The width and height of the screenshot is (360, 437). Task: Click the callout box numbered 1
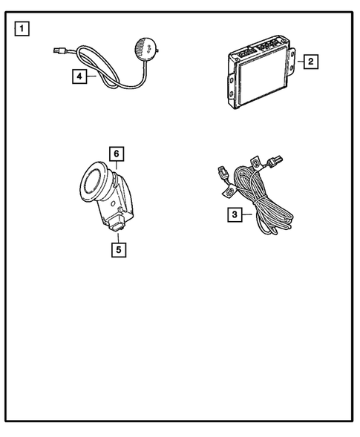[22, 30]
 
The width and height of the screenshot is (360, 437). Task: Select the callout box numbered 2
[312, 62]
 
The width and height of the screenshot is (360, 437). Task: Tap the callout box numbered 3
[234, 215]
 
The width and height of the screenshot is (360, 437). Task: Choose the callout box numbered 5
[118, 249]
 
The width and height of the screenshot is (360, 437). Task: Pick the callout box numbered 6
[117, 154]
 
